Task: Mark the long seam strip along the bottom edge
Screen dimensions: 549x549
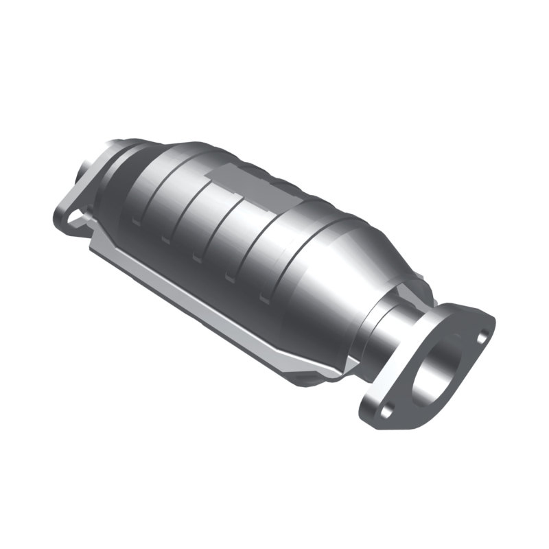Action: tap(206, 302)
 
